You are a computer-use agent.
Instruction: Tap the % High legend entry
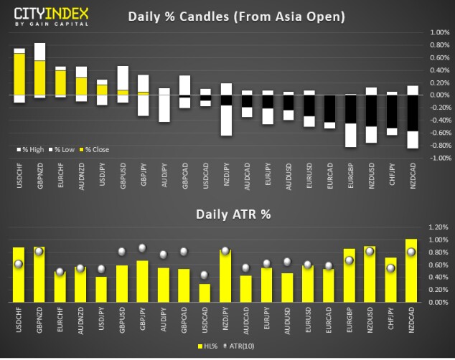coord(31,149)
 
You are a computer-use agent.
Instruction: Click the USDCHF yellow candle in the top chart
coord(19,74)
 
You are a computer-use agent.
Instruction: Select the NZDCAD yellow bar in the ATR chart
coord(412,270)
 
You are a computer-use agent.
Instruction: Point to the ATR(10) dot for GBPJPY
coord(142,248)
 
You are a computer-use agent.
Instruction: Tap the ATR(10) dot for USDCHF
coord(19,264)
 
